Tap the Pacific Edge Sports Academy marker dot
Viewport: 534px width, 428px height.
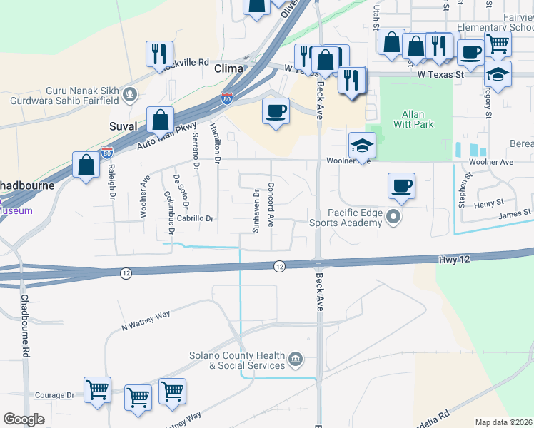393,215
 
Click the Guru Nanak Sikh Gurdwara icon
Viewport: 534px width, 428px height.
130,93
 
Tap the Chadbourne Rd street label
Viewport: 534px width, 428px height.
25,325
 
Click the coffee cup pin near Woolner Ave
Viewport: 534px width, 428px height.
401,186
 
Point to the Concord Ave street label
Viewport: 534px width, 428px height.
271,205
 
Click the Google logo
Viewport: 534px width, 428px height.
23,419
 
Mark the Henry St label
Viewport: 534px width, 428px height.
489,204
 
